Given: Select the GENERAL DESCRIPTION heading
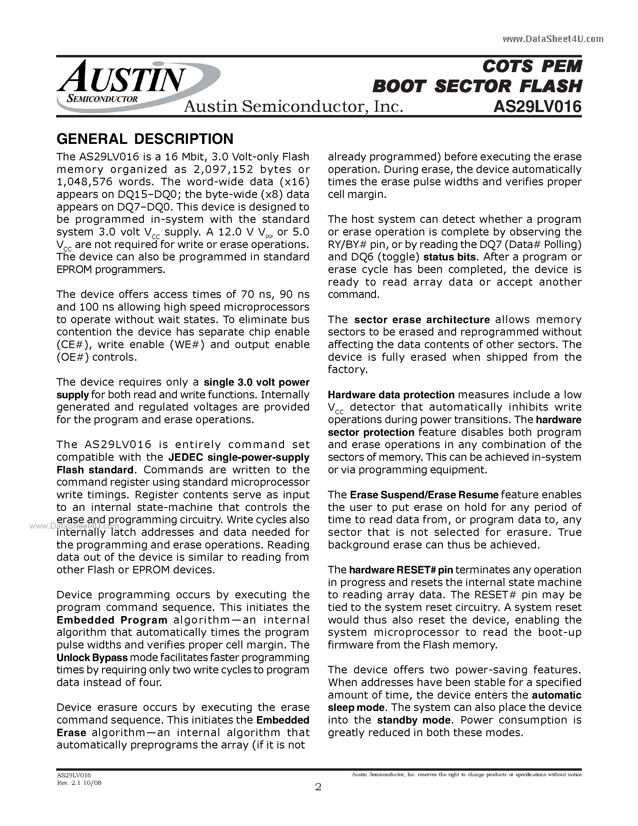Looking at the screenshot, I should point(145,139).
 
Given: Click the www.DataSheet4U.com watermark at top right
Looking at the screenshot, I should point(553,39).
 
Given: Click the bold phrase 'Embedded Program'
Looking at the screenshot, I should point(112,620).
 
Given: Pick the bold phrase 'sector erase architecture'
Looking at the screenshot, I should point(422,320).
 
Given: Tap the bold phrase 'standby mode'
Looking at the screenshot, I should point(414,720).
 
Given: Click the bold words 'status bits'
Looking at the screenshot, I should point(449,257).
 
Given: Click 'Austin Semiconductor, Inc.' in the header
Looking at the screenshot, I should point(293,107).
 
